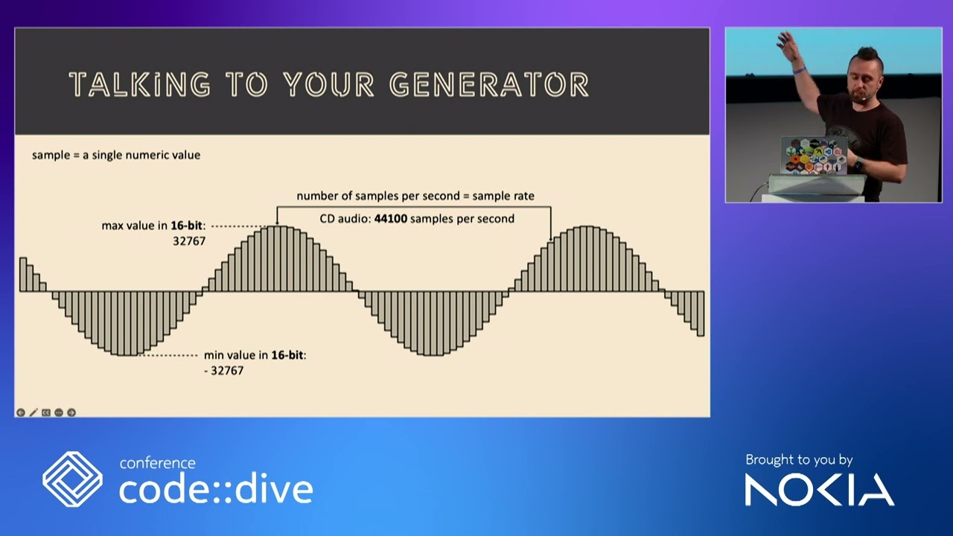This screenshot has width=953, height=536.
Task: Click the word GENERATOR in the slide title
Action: (489, 85)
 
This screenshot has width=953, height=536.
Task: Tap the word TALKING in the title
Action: (139, 85)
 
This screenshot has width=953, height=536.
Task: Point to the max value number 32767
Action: (189, 241)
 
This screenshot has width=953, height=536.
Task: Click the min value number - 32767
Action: (223, 370)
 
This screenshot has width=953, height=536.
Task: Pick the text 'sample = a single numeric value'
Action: (116, 155)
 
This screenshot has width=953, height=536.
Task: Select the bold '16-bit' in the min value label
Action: (287, 355)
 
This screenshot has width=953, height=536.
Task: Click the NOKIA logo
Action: (819, 490)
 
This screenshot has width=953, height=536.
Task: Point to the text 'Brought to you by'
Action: (799, 460)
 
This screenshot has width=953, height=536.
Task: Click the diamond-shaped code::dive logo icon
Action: (72, 479)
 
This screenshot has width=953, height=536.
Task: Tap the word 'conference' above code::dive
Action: (157, 463)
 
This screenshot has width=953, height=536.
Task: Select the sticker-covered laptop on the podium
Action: (814, 156)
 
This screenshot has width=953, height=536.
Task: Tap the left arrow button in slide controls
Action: (21, 412)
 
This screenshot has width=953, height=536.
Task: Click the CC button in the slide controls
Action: (46, 412)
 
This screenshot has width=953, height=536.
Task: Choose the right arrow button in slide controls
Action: (71, 412)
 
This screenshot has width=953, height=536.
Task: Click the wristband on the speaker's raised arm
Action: (799, 71)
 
